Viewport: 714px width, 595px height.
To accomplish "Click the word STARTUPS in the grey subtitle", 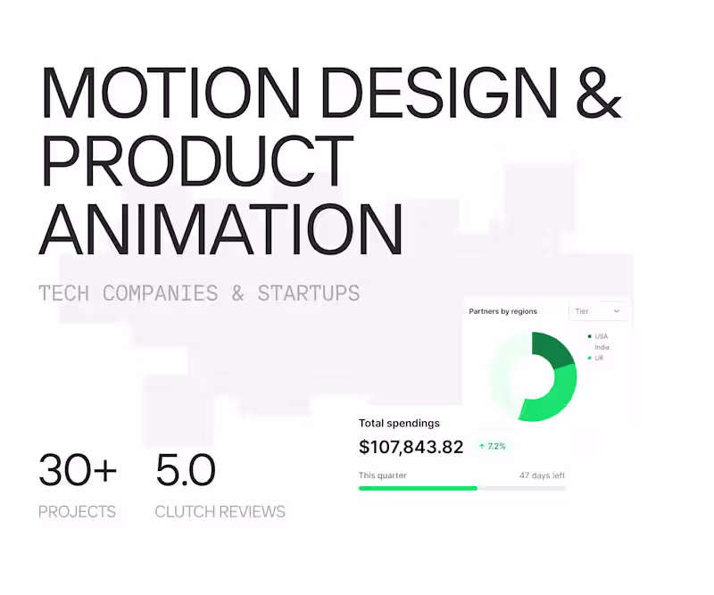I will (x=308, y=293).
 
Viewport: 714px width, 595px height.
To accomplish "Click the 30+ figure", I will (x=78, y=470).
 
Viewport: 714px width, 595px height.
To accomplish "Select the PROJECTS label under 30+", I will (x=77, y=512).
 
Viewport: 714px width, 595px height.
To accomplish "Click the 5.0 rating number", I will (x=186, y=470).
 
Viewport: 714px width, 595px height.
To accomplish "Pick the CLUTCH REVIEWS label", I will (x=220, y=512).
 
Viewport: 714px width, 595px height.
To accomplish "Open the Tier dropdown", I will (x=598, y=311).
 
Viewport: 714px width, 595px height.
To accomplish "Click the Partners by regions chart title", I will (x=503, y=311).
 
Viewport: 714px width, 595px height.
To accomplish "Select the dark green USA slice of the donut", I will (x=551, y=350).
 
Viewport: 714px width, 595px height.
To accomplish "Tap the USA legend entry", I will (x=600, y=336).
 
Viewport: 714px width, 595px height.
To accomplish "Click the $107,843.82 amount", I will (x=411, y=447).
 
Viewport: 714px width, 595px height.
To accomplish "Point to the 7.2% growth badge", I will (x=492, y=446).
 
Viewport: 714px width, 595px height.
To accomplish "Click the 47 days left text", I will (x=542, y=475).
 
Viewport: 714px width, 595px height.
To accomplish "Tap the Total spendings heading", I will (x=399, y=423).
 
